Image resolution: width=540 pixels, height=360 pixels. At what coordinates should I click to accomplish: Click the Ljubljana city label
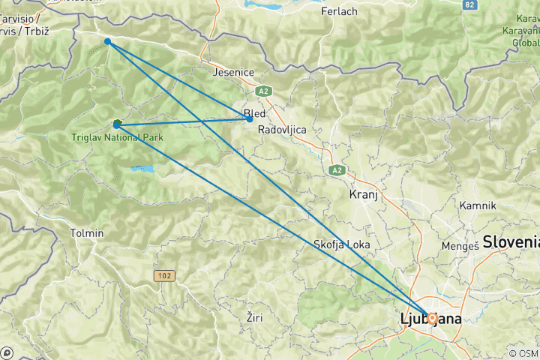tap(431, 320)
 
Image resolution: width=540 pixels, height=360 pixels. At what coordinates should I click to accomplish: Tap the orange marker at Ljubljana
tap(432, 317)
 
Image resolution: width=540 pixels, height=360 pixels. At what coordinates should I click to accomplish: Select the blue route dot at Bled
tap(250, 119)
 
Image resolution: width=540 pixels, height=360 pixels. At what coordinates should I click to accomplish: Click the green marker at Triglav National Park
tap(117, 124)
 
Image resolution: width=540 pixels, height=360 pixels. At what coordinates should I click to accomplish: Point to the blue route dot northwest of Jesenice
tap(108, 41)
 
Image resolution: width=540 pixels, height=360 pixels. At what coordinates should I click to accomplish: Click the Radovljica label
tap(282, 130)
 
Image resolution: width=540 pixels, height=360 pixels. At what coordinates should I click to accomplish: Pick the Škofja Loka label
tap(343, 244)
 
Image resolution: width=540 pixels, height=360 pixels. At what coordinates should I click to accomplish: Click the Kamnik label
tap(478, 205)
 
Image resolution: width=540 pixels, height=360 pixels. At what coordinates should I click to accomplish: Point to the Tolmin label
tap(87, 233)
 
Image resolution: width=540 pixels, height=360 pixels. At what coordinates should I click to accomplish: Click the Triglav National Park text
tap(118, 138)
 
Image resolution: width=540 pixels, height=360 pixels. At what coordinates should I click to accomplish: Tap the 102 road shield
tap(165, 276)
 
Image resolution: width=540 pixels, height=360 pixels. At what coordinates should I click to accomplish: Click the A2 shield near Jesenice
tap(262, 91)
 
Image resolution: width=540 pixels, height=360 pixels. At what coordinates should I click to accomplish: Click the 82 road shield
tap(470, 4)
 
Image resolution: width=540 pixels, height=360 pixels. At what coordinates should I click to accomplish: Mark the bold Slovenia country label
tap(512, 241)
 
